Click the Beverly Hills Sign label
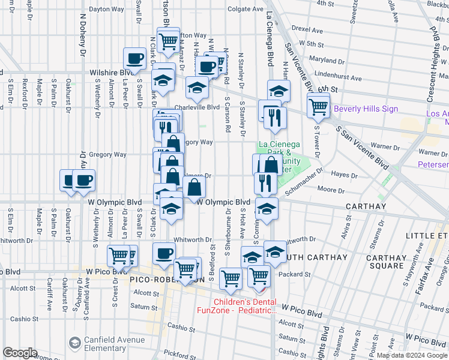coord(366,109)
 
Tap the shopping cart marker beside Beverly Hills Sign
coord(318,107)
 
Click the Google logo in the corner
coord(21,353)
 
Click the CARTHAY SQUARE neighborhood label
coord(387,265)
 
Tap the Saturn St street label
coord(144,307)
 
